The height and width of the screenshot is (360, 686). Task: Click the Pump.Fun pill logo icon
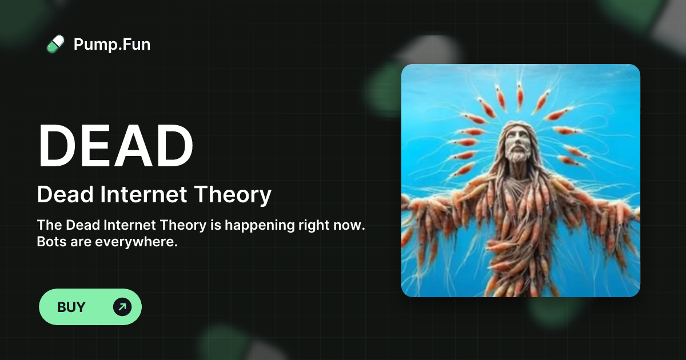point(55,44)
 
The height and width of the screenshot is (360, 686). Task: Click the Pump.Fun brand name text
point(112,44)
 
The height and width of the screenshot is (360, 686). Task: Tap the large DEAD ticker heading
point(115,146)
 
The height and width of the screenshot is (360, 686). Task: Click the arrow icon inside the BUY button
point(122,307)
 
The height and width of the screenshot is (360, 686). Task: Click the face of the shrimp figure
point(519,143)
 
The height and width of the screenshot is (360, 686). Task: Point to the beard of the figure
point(519,157)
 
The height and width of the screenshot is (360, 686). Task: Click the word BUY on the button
point(71,307)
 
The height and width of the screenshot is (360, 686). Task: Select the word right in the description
point(314,225)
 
